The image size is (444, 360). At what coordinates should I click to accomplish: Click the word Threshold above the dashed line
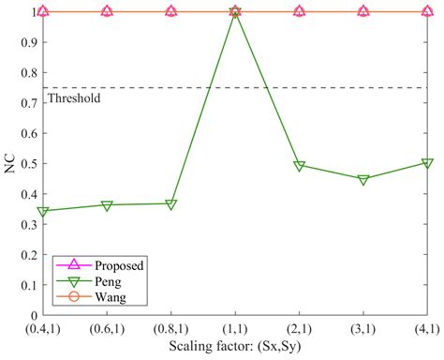[73, 97]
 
